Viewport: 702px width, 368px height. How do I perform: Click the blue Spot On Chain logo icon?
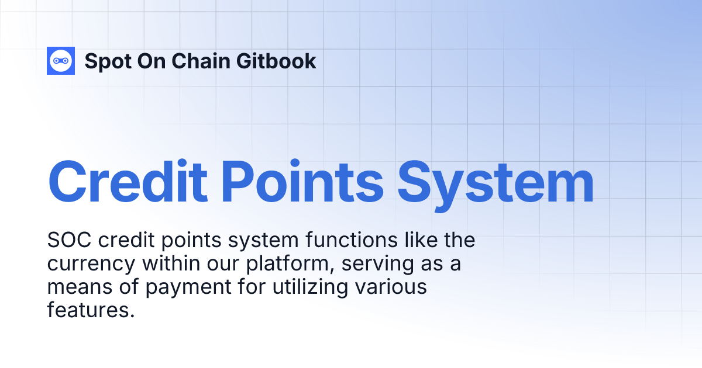coord(61,60)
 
